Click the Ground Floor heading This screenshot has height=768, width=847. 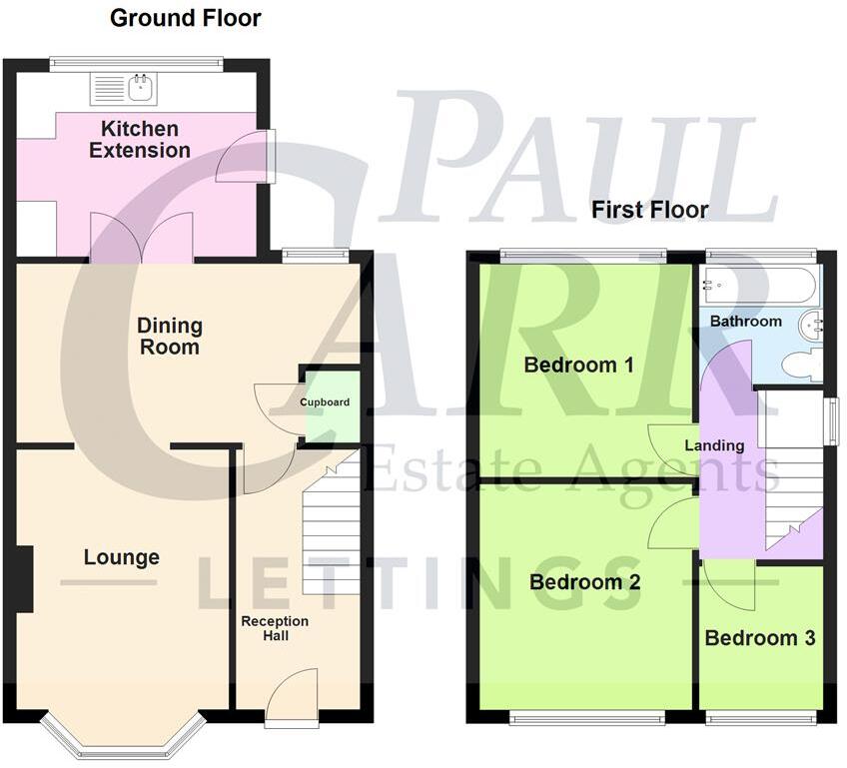pyautogui.click(x=185, y=18)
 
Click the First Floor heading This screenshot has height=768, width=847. pyautogui.click(x=649, y=210)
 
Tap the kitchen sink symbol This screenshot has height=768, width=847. pyautogui.click(x=122, y=88)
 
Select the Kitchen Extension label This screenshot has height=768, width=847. pyautogui.click(x=140, y=140)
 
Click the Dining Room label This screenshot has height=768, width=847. pyautogui.click(x=169, y=337)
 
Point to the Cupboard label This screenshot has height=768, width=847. pyautogui.click(x=325, y=402)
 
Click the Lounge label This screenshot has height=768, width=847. pyautogui.click(x=121, y=557)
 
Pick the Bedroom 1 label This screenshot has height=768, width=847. pyautogui.click(x=578, y=365)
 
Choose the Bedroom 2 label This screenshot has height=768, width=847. pyautogui.click(x=584, y=581)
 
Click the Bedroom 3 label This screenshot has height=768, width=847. pyautogui.click(x=760, y=638)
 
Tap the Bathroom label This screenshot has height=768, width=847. pyautogui.click(x=745, y=322)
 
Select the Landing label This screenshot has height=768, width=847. pyautogui.click(x=713, y=445)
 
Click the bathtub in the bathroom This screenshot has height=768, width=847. pyautogui.click(x=760, y=285)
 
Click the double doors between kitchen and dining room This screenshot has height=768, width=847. pyautogui.click(x=142, y=240)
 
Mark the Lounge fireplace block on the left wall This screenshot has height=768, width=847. pyautogui.click(x=24, y=579)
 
